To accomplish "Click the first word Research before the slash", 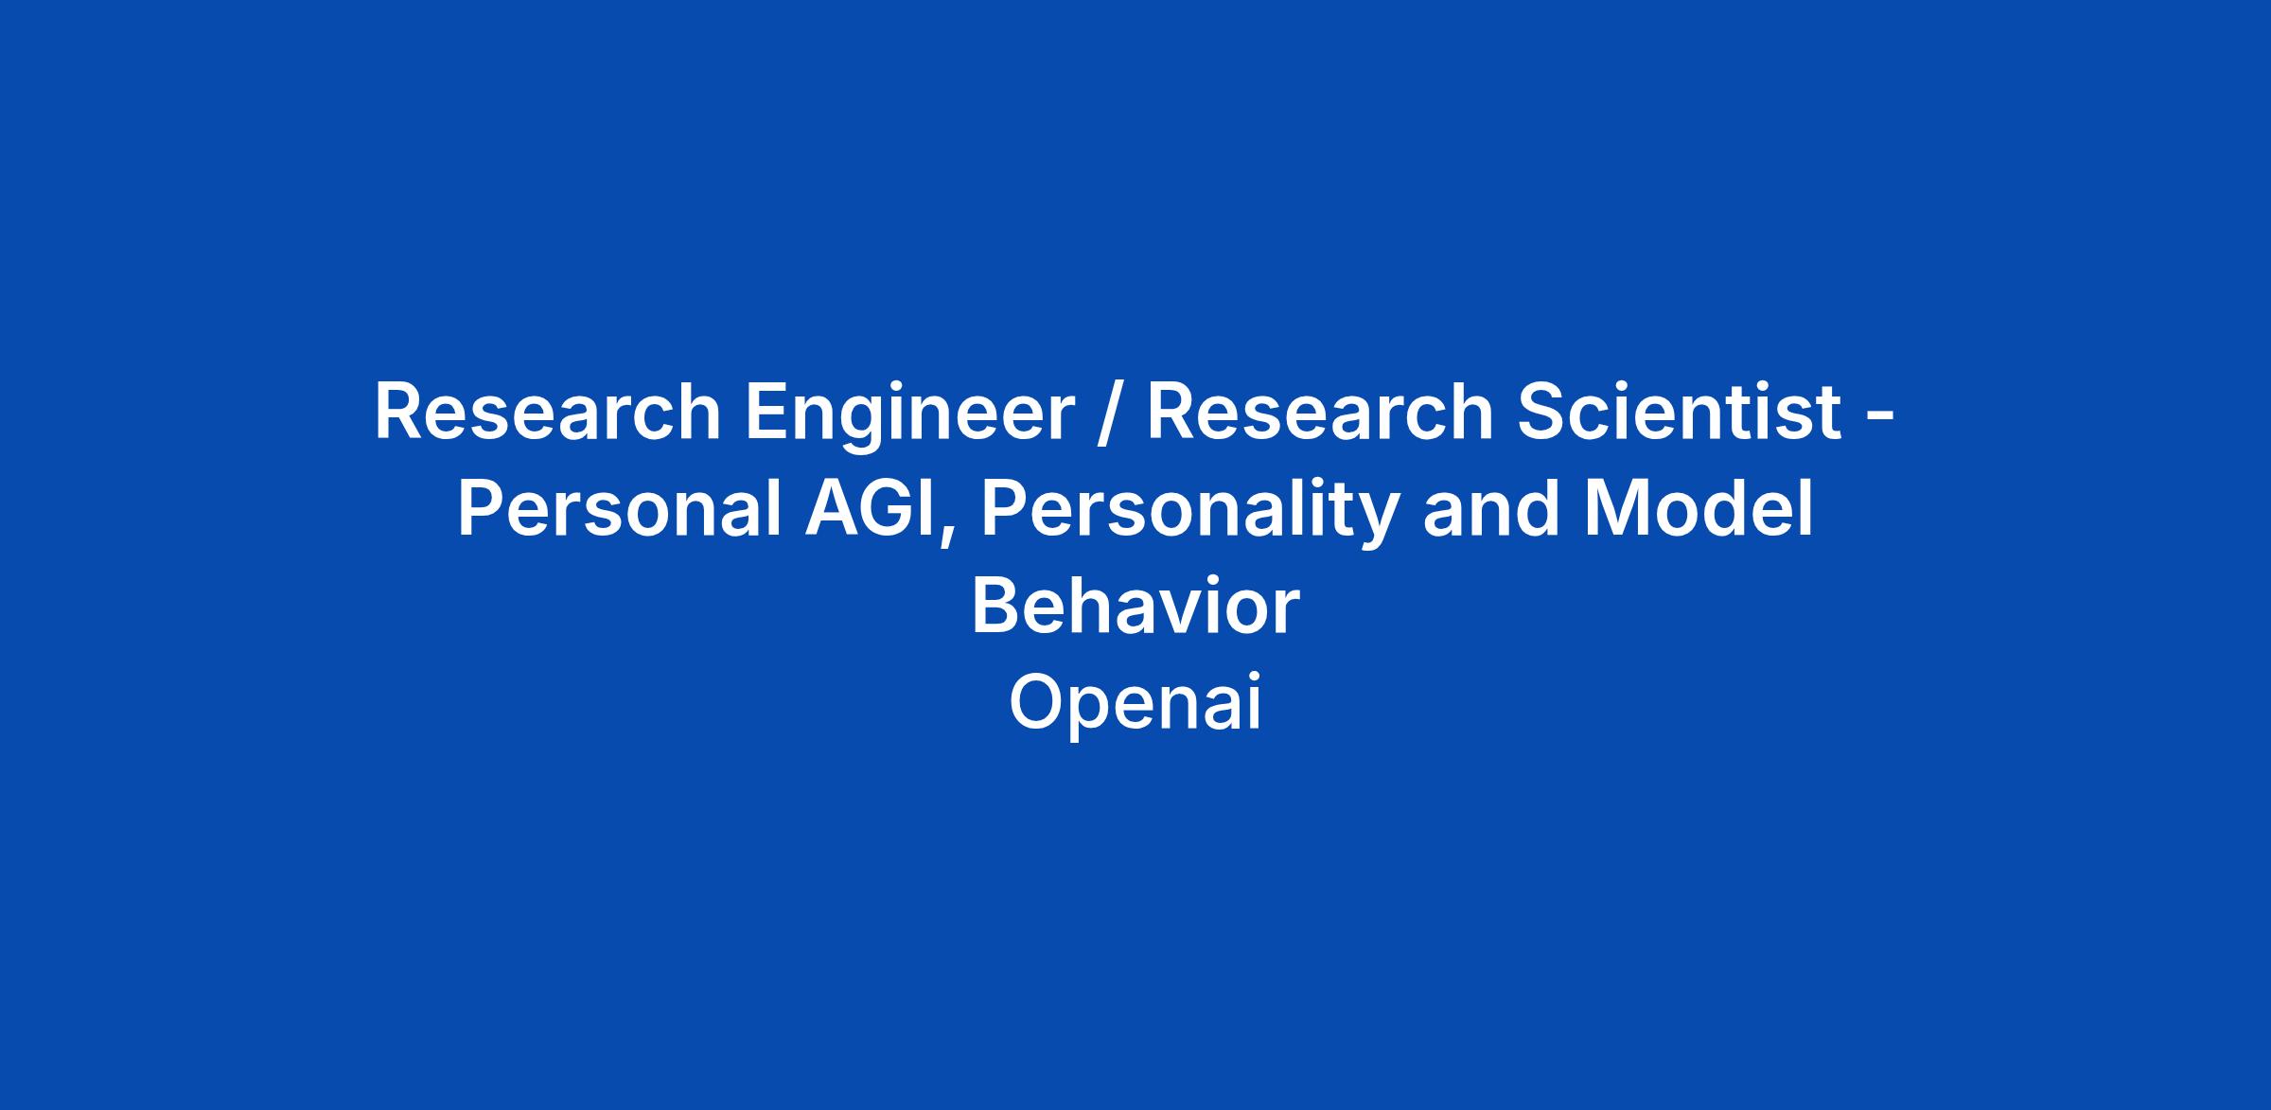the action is [x=548, y=413].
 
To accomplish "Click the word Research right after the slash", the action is [x=1320, y=413].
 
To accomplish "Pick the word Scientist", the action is [x=1680, y=412].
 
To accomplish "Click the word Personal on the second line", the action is [x=620, y=509].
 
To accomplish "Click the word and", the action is [x=1488, y=509].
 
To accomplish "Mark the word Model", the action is [x=1698, y=509].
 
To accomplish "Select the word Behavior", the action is [x=1135, y=607].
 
